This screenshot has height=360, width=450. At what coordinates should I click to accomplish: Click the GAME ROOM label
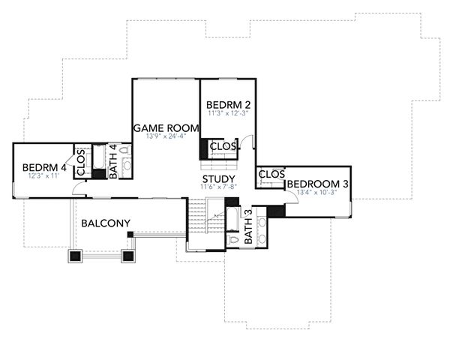pyautogui.click(x=165, y=128)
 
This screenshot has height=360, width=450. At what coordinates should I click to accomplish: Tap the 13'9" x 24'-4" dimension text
pyautogui.click(x=165, y=137)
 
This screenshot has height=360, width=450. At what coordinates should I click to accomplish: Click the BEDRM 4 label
pyautogui.click(x=44, y=167)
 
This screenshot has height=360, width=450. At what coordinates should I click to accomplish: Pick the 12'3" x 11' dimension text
pyautogui.click(x=43, y=175)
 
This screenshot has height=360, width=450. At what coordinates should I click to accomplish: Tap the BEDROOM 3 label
pyautogui.click(x=318, y=184)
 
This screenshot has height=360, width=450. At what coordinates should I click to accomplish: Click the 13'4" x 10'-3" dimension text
pyautogui.click(x=318, y=193)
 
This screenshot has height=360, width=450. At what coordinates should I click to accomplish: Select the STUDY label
pyautogui.click(x=218, y=178)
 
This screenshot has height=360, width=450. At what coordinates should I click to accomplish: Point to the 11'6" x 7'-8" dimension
pyautogui.click(x=218, y=187)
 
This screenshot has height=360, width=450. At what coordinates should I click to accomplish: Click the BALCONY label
pyautogui.click(x=106, y=223)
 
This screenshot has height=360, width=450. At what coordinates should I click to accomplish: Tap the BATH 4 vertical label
pyautogui.click(x=113, y=161)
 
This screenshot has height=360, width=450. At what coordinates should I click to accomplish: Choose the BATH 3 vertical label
pyautogui.click(x=249, y=232)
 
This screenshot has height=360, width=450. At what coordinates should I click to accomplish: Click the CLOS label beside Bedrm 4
pyautogui.click(x=80, y=162)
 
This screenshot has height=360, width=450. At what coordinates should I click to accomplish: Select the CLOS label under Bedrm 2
pyautogui.click(x=223, y=145)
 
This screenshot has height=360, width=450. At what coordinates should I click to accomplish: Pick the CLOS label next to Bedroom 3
pyautogui.click(x=271, y=175)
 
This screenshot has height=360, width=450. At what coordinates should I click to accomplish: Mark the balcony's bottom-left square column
pyautogui.click(x=75, y=256)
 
